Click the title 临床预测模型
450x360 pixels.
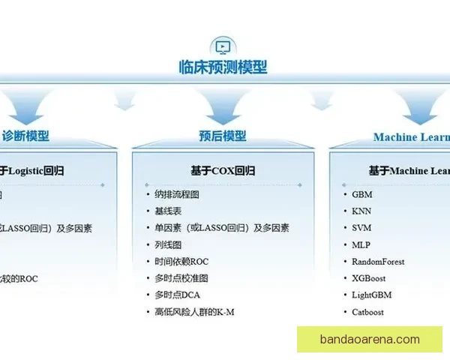[x=223, y=67]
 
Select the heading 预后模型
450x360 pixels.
[x=223, y=136]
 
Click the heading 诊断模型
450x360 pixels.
[x=26, y=136]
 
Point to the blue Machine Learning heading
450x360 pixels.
[x=412, y=137]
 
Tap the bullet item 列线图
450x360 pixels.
[x=168, y=244]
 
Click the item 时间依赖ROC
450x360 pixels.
[x=181, y=262]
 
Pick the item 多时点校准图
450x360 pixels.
[x=181, y=278]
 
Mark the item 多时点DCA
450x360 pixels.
[x=178, y=295]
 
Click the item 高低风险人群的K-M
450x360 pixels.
[x=194, y=311]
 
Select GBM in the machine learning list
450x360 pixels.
[x=362, y=194]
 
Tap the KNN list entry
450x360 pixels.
[x=361, y=211]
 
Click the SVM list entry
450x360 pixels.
[x=361, y=228]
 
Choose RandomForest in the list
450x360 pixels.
[x=378, y=262]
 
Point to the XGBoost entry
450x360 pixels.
[x=368, y=278]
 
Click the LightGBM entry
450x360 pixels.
[x=371, y=295]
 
